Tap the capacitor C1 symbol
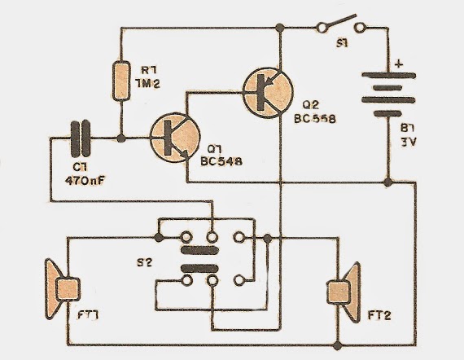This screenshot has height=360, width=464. point(80,138)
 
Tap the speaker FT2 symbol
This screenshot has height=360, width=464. point(342,289)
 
